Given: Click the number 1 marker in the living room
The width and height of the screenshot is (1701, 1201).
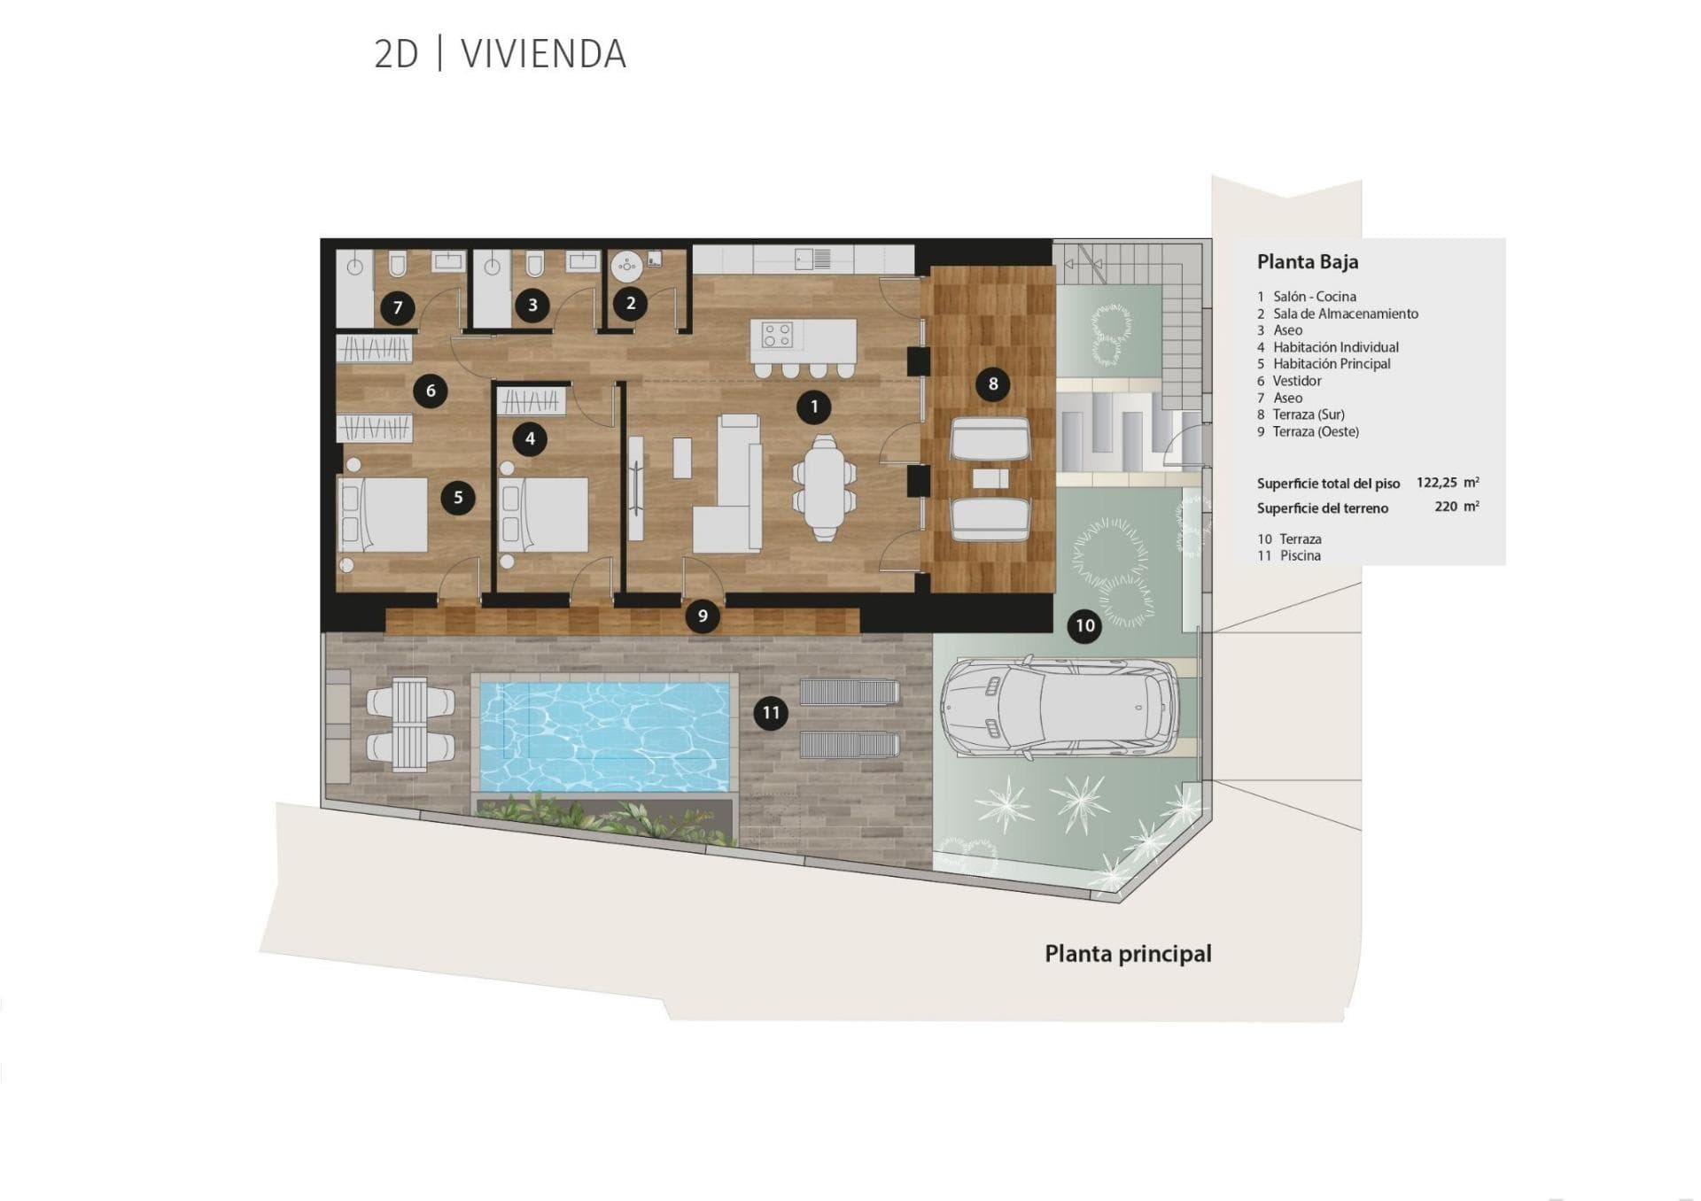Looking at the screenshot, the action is (814, 407).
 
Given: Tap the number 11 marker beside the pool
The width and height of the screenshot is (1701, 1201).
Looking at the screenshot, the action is (771, 713).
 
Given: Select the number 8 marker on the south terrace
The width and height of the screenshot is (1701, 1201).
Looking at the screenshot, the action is (992, 384).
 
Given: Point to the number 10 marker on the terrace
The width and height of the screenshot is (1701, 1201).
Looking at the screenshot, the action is (1084, 625).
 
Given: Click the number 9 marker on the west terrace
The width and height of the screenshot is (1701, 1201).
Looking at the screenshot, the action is (703, 616).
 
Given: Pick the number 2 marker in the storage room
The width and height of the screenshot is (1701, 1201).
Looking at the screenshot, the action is (631, 303).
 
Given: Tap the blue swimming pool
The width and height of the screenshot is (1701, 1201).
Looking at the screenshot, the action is (605, 735).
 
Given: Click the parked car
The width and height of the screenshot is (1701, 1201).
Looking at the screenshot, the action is (1060, 707).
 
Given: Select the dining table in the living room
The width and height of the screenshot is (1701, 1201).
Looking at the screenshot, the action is (825, 487).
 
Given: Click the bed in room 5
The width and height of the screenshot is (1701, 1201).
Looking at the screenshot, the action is (383, 515).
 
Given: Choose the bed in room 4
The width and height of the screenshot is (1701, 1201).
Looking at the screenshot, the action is (544, 515).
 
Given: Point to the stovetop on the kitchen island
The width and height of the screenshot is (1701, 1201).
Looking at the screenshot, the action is (778, 335).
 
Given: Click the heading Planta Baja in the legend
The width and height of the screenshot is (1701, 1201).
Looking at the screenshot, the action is (1307, 261).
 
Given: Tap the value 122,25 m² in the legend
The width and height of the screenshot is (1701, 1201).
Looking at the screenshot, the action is (1448, 482).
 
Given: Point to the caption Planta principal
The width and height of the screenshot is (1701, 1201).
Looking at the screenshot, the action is (1128, 954).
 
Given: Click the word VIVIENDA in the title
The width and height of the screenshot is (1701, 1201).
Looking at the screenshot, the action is (543, 54).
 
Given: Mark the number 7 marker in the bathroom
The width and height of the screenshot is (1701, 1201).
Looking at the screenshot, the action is (398, 307).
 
